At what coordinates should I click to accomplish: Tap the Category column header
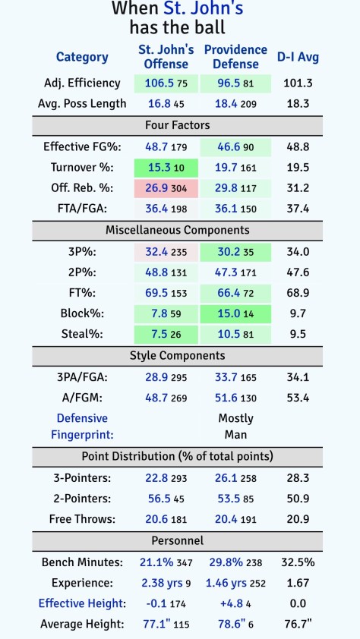tap(82, 57)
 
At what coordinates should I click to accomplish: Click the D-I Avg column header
tap(298, 57)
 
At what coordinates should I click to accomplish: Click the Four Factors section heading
tap(177, 124)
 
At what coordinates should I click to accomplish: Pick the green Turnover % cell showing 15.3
tap(159, 168)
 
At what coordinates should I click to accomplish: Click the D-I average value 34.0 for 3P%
tap(298, 251)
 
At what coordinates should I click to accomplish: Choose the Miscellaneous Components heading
tap(177, 229)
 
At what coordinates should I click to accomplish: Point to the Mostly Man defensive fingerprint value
tap(235, 427)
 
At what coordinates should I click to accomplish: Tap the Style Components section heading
tap(177, 355)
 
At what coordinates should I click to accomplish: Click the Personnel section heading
tap(177, 540)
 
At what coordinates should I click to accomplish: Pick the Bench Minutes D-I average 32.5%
tap(298, 562)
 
